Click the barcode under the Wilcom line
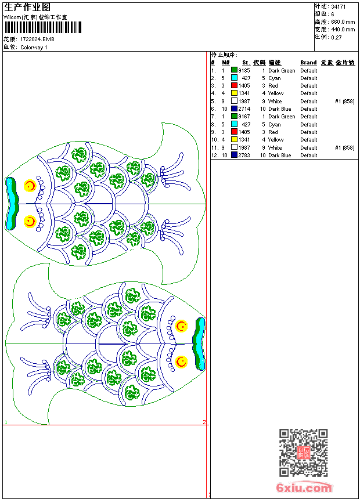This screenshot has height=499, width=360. (x=44, y=27)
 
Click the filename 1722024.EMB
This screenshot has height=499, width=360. (x=38, y=39)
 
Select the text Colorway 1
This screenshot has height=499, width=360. (x=34, y=48)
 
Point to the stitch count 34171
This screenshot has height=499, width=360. (x=339, y=7)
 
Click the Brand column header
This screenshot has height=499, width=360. (x=308, y=63)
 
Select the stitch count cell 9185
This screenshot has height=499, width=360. (x=244, y=71)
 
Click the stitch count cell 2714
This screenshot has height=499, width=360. (x=244, y=109)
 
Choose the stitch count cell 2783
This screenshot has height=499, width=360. (x=244, y=156)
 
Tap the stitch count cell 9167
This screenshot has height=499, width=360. (x=244, y=117)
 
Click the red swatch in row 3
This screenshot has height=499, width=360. (x=234, y=86)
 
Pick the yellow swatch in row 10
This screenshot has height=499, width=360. (x=234, y=140)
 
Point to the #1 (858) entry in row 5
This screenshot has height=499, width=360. (x=344, y=102)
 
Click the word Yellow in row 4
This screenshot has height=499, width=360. (x=276, y=93)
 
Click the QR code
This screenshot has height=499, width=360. (x=303, y=453)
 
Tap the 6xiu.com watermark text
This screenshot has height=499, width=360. (x=304, y=488)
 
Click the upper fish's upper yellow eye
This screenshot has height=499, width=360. (x=30, y=186)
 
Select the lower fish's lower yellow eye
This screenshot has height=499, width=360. (x=182, y=362)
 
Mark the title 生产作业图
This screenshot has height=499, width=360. (x=27, y=7)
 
